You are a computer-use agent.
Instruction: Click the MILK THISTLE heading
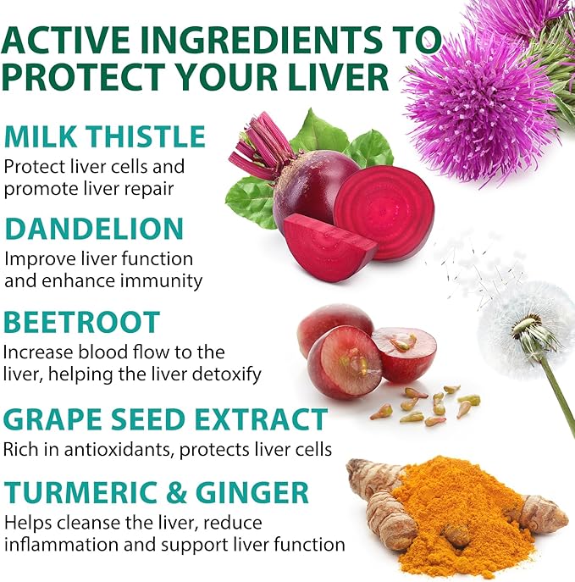point(105,136)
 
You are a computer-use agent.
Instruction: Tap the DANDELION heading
point(94,229)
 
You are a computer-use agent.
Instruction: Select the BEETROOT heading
point(81,322)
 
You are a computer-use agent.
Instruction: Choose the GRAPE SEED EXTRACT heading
point(165,419)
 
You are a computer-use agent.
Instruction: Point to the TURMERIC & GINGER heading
point(157,492)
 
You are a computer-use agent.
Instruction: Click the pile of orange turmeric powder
point(457,517)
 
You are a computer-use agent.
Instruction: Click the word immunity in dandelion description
point(163,281)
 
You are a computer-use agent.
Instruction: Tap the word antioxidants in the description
point(122,448)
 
